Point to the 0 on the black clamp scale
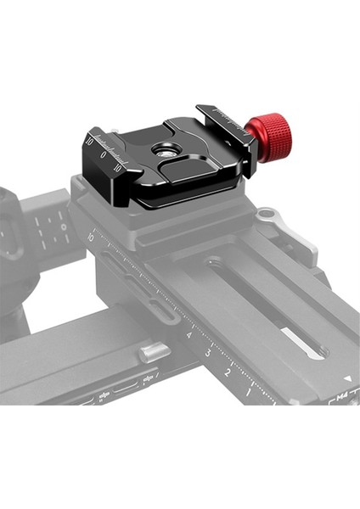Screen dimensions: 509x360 click(x=104, y=154)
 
